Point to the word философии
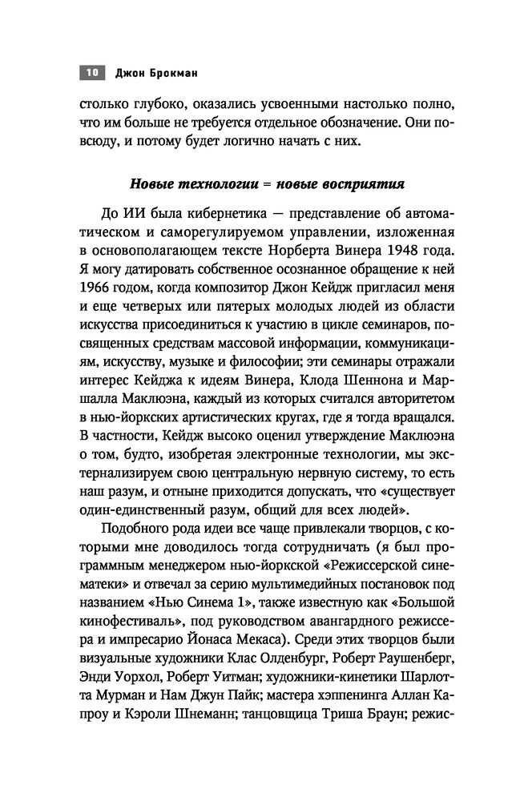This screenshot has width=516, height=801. coord(282,357)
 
